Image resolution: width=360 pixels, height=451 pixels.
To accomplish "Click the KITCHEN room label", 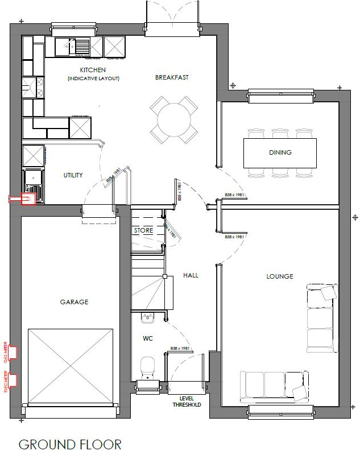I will [x=93, y=70].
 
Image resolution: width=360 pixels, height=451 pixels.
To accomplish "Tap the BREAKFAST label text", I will [x=172, y=77].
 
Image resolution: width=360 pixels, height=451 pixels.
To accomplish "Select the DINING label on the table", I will [x=280, y=152].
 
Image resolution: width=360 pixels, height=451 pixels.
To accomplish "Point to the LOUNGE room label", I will [x=280, y=276].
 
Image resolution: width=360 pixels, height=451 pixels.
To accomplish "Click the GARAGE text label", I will [x=74, y=302].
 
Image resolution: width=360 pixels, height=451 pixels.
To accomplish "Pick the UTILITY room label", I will [x=73, y=175].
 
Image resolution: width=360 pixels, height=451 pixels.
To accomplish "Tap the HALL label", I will [x=191, y=275].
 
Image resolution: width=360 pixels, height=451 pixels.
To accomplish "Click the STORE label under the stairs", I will [x=143, y=230].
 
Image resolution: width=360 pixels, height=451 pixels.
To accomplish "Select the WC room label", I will [x=148, y=338].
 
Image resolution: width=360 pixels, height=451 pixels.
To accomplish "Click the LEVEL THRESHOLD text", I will [x=187, y=402].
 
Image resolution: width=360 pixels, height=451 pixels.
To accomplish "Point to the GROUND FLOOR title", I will [x=70, y=444].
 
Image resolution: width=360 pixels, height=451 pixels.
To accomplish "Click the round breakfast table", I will [x=175, y=119].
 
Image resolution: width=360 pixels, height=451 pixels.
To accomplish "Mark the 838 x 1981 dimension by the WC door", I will [x=179, y=349].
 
